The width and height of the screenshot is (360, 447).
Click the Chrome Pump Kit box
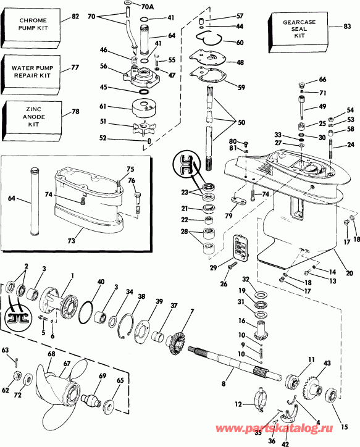coord(33,28)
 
